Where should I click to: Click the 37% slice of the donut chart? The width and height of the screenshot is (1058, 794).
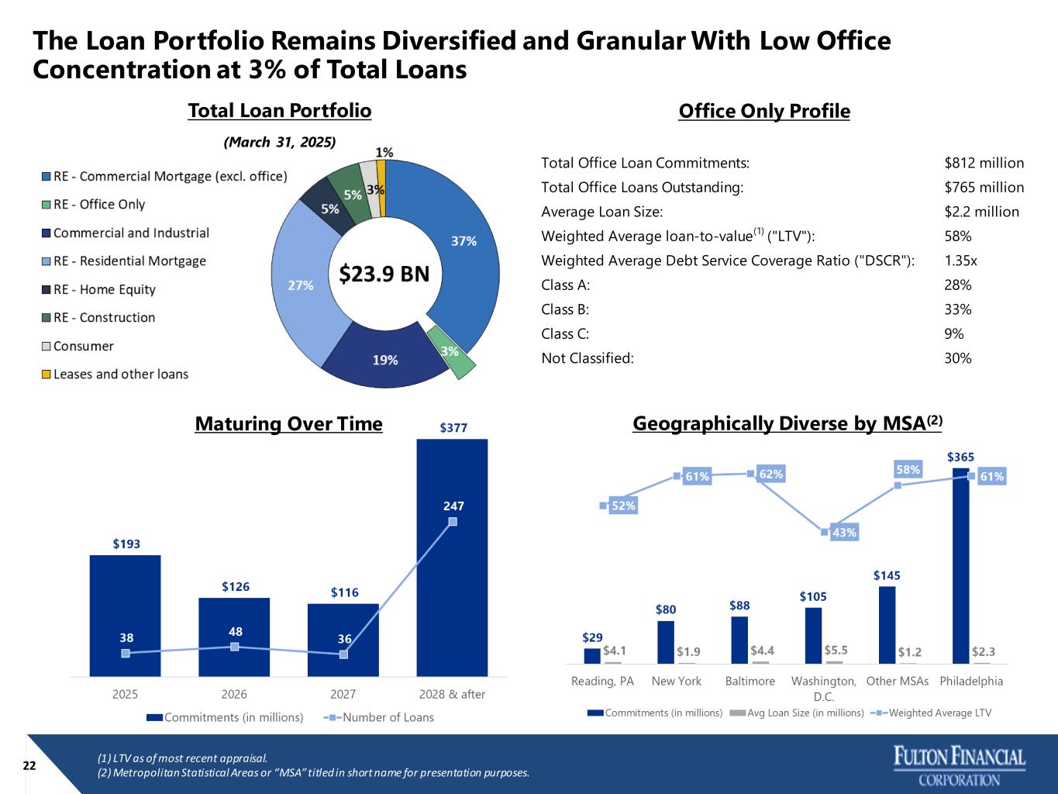pos(464,241)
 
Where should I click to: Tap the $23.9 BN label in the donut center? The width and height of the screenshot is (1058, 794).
pos(384,274)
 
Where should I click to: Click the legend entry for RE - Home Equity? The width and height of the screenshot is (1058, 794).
pos(104,289)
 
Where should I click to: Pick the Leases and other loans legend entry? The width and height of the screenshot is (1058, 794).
pos(120,374)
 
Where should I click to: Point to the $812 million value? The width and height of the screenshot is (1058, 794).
pos(984,163)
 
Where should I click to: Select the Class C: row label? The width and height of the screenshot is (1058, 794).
pos(565,333)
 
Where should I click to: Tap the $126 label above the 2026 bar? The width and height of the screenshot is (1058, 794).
pos(236,587)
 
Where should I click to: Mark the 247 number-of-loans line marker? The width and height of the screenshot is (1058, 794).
pos(453,522)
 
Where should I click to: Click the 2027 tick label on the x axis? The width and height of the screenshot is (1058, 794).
pos(343,694)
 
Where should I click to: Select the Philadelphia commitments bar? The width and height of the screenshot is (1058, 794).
pos(960,566)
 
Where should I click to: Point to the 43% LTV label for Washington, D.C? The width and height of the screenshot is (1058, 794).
pos(843,533)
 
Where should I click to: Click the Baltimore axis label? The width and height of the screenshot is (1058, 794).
pos(750,681)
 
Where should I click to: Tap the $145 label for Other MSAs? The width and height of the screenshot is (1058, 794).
pos(887,575)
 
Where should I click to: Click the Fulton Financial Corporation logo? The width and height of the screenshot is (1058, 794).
pos(960,766)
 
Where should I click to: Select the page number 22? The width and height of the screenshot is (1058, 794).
pos(29,765)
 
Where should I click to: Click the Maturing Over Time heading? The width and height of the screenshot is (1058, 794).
pos(288,424)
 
